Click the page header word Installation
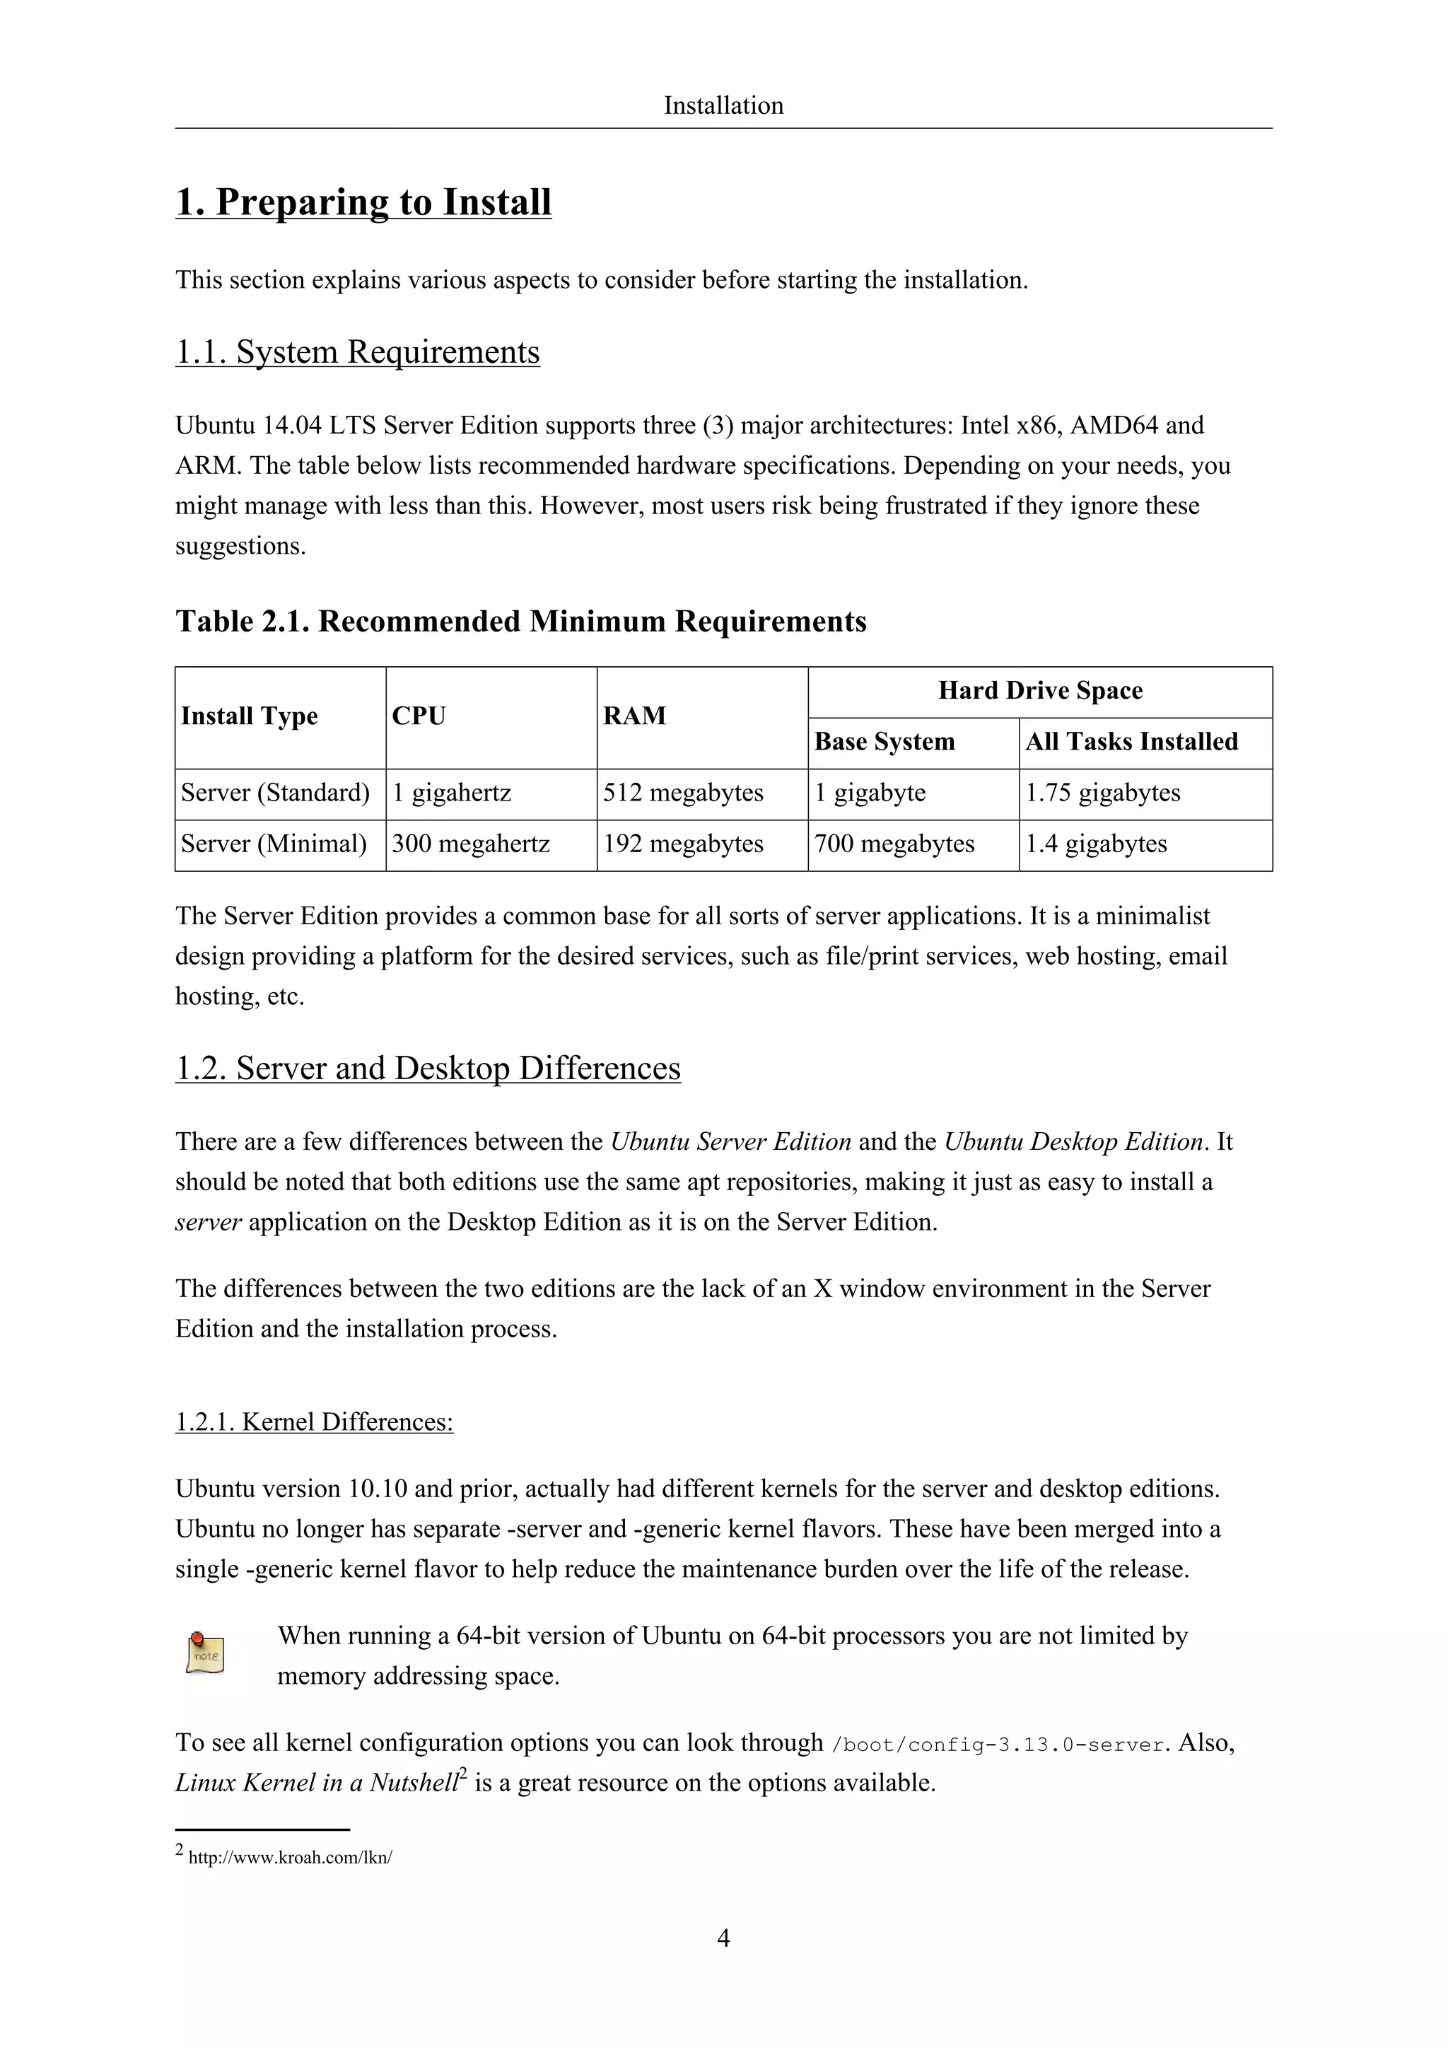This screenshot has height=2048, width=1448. (723, 105)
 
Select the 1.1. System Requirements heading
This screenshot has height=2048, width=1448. (358, 351)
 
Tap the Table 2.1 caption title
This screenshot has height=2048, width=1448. (520, 621)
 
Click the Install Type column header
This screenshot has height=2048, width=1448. (249, 716)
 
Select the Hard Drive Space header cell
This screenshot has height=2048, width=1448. (1039, 690)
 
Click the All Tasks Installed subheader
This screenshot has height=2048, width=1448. (1131, 742)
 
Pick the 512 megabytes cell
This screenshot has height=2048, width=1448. (683, 793)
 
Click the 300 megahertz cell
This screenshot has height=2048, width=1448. (471, 844)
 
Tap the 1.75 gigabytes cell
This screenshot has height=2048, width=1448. (1102, 793)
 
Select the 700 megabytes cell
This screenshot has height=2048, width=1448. (894, 844)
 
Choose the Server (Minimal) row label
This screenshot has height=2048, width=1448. (274, 844)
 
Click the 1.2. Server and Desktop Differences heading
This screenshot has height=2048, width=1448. (428, 1068)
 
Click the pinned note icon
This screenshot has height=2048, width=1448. (206, 1653)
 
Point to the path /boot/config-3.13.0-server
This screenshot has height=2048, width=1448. (998, 1745)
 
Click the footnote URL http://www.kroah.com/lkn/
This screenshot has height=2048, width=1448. (290, 1858)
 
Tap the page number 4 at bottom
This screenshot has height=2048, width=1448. (723, 1938)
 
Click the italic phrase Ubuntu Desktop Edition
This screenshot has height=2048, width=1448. (1073, 1141)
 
